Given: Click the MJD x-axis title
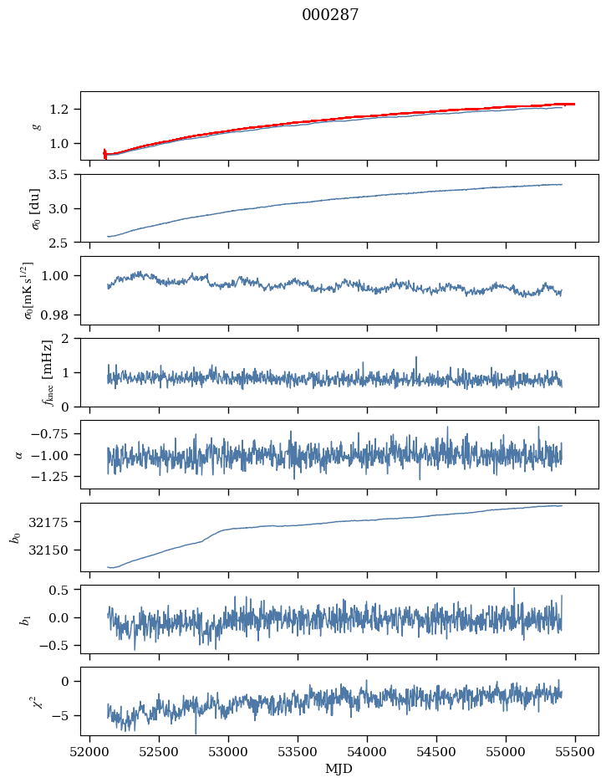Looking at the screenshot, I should point(339,768).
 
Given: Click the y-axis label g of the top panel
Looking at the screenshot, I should point(36,125).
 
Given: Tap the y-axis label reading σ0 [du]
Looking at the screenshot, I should point(36,208).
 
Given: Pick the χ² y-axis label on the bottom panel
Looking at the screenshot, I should point(36,701).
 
